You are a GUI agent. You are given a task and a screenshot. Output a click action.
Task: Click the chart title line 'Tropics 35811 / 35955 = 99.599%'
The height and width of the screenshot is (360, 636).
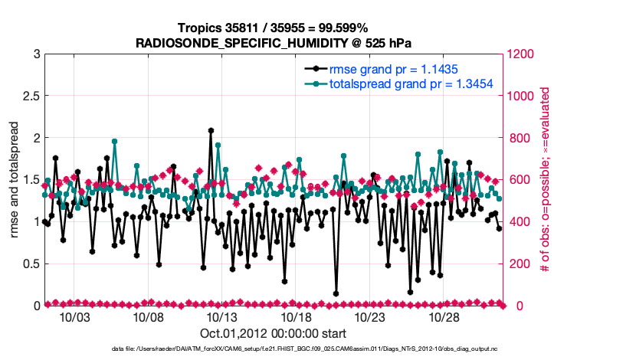272,28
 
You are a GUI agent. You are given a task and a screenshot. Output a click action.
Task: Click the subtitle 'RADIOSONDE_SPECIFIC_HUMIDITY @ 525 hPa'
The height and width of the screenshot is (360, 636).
272,42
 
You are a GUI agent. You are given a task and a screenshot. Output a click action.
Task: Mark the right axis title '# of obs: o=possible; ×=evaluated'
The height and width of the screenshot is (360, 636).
546,179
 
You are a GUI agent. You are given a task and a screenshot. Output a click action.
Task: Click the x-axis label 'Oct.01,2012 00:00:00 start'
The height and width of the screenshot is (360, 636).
272,333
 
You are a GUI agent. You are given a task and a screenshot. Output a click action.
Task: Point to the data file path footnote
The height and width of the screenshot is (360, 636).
272,349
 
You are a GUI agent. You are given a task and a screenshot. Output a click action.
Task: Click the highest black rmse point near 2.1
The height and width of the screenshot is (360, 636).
211,130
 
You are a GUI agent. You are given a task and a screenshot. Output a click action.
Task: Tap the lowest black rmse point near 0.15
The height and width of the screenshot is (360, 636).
336,293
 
